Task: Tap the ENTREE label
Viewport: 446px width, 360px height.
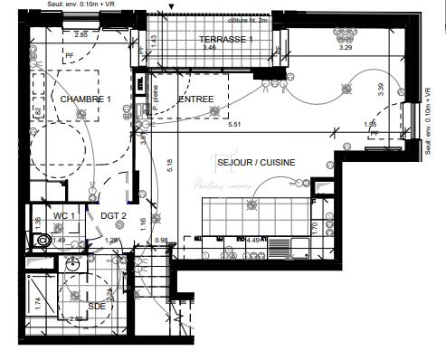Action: tap(195, 99)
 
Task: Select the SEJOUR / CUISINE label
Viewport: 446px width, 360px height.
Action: tap(256, 163)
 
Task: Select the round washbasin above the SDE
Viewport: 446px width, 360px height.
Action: tap(73, 266)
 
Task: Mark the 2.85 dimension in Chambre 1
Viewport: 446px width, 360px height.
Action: tap(81, 34)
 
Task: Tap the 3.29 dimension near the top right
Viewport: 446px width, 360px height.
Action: tap(345, 47)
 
